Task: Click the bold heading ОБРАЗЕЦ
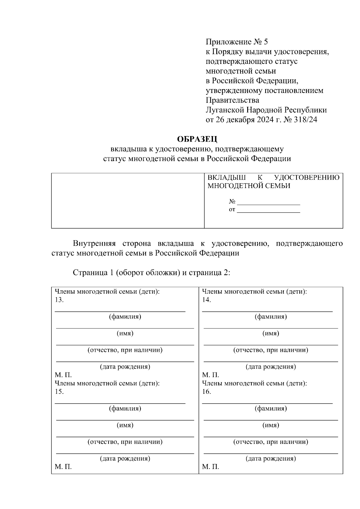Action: click(197, 139)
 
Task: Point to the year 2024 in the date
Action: click(264, 120)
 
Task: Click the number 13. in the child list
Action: click(59, 300)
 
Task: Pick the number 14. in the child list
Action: click(206, 300)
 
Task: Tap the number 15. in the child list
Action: click(59, 391)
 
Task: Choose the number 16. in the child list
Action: click(206, 391)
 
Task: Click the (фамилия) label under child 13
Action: click(125, 316)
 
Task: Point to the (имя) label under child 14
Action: click(271, 333)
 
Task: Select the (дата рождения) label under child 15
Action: click(125, 458)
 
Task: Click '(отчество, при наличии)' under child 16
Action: click(271, 442)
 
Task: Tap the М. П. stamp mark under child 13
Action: click(63, 375)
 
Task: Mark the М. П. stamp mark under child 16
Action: click(210, 467)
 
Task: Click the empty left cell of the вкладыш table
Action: click(128, 200)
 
